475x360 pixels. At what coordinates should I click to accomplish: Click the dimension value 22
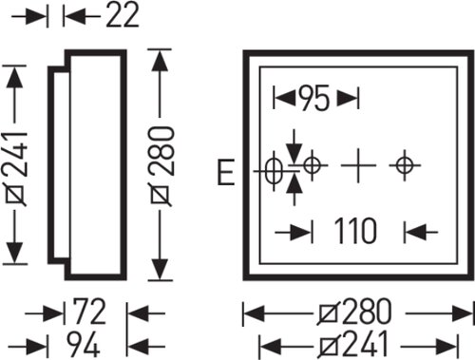[123, 14]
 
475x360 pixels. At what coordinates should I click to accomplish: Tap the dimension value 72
[89, 312]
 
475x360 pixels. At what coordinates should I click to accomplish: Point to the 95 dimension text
[314, 98]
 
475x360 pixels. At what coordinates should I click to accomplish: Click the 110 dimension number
[355, 231]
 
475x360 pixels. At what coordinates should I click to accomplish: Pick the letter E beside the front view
[226, 172]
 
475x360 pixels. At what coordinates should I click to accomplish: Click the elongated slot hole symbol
[274, 171]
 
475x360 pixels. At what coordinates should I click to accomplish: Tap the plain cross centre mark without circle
[358, 165]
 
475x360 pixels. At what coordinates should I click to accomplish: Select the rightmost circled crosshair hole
[405, 165]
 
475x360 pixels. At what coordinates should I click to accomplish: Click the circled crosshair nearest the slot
[313, 165]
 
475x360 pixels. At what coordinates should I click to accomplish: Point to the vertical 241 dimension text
[16, 168]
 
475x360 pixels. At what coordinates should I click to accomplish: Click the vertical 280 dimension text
[161, 166]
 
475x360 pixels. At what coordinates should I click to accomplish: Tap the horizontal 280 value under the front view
[367, 312]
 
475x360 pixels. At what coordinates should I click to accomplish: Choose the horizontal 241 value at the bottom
[364, 344]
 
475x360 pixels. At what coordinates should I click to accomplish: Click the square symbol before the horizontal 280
[329, 313]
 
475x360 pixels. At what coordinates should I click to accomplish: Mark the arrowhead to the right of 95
[348, 98]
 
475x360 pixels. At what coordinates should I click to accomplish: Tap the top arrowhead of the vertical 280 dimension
[160, 61]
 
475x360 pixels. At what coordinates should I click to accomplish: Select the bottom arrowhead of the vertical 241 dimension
[14, 253]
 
